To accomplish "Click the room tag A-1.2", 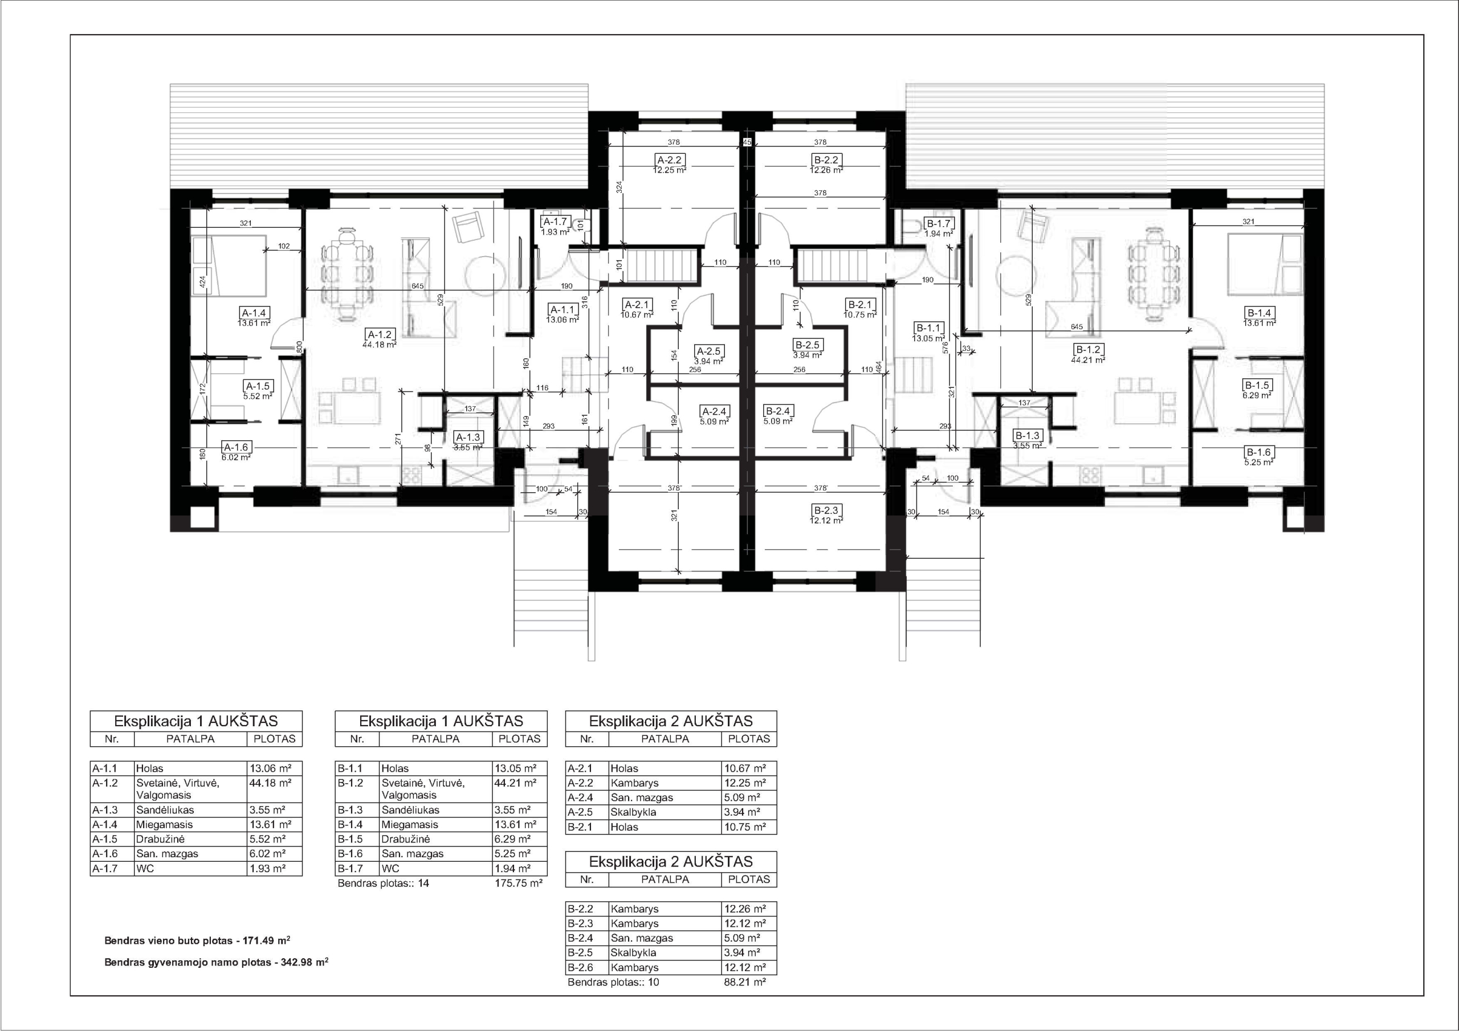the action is (x=381, y=334).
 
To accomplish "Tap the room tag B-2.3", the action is (x=826, y=510).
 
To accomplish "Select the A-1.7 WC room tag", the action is (x=555, y=222).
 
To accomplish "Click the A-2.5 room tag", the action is (x=710, y=351).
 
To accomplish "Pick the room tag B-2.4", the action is (x=778, y=411).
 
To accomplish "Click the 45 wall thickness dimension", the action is (x=747, y=142).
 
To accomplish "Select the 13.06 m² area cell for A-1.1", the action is (x=270, y=768).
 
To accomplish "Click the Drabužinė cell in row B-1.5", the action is (x=405, y=839).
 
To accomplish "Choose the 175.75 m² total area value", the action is (x=519, y=883).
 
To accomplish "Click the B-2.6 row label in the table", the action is (x=580, y=967).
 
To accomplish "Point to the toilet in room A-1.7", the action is (x=581, y=224).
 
